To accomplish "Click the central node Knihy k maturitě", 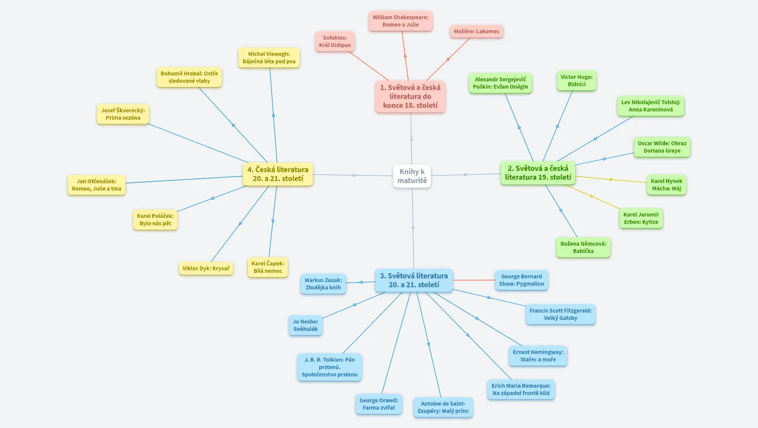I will click(x=412, y=176).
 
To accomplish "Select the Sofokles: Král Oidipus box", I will click(x=335, y=41).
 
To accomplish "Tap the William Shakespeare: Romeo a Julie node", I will click(x=400, y=21).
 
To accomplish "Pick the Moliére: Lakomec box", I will click(x=477, y=32).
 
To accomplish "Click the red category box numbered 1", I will click(x=410, y=96).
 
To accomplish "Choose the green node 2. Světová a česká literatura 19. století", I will click(x=538, y=173).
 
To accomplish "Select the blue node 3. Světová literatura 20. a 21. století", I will click(x=414, y=280).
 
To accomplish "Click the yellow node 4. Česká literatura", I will click(x=278, y=174).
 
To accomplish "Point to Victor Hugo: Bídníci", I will click(x=576, y=81).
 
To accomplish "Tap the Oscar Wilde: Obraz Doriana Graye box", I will click(x=662, y=147).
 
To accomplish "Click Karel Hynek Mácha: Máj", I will click(x=666, y=185).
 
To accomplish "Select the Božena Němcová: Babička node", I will click(x=583, y=247).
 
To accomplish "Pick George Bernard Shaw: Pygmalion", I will click(x=521, y=280).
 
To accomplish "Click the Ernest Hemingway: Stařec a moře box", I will click(x=538, y=356).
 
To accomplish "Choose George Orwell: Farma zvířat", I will click(x=378, y=404).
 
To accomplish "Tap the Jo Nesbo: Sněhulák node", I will click(x=305, y=325).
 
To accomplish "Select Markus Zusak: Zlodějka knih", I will click(x=323, y=284).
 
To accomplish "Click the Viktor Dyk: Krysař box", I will click(x=206, y=269).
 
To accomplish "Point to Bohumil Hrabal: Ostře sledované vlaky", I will click(x=189, y=77).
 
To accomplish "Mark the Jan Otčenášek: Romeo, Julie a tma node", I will click(x=96, y=185).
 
